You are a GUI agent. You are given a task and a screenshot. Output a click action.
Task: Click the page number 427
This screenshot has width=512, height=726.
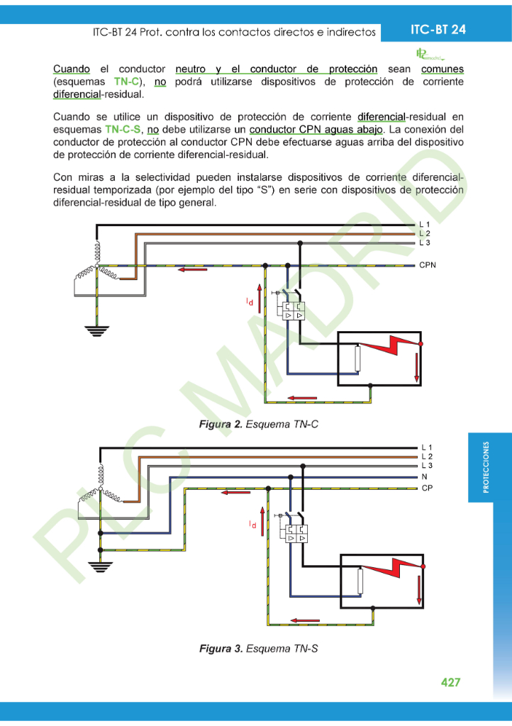click(x=450, y=682)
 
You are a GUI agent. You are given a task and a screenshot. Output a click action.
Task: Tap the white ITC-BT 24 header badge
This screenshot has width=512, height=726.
click(x=438, y=29)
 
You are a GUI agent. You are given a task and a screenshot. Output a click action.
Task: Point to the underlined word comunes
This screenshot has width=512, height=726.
click(x=442, y=69)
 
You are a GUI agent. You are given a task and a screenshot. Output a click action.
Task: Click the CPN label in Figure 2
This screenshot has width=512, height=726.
click(x=428, y=266)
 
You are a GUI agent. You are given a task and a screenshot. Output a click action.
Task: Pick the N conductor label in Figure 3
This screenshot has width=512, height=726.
click(x=424, y=478)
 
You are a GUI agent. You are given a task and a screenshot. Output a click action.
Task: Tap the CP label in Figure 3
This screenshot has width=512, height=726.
click(x=427, y=488)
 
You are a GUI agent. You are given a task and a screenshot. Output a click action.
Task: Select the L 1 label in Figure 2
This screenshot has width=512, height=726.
click(x=425, y=225)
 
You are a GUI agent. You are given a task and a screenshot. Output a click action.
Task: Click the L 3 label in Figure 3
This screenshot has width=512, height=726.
click(x=427, y=466)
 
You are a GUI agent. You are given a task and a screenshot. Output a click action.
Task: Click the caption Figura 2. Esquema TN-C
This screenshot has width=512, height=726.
click(x=258, y=424)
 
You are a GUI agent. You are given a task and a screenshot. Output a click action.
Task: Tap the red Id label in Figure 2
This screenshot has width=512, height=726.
click(x=250, y=302)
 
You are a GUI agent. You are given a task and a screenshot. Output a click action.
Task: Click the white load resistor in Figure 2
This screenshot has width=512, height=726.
click(x=358, y=358)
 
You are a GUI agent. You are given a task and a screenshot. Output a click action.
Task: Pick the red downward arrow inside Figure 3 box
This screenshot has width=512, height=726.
click(x=419, y=587)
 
